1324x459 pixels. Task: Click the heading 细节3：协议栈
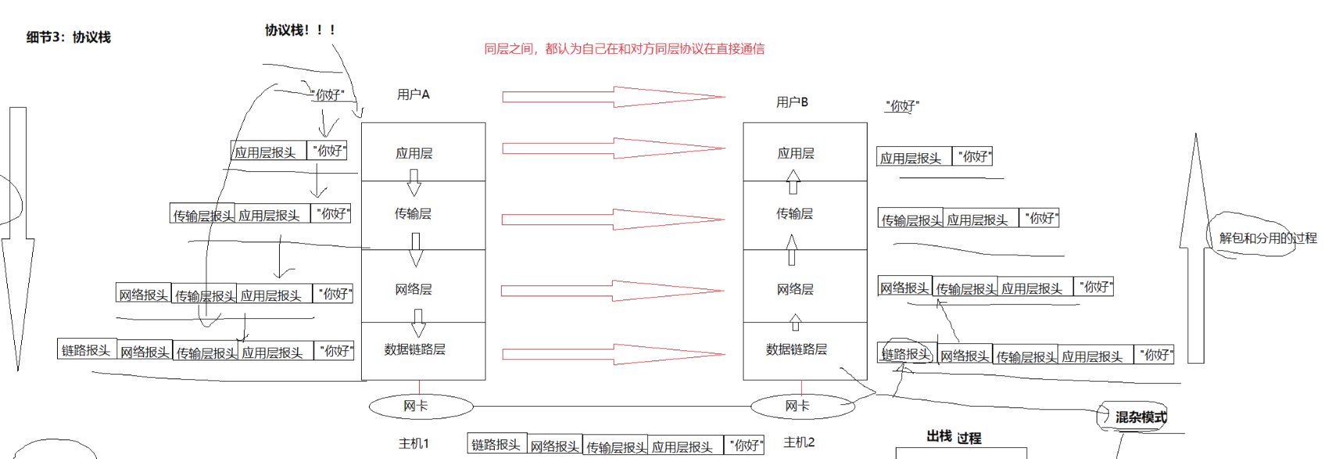tap(69, 38)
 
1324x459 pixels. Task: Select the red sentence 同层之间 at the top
tap(624, 49)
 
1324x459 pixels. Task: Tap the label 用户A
tap(413, 95)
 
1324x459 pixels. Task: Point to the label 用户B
tap(792, 102)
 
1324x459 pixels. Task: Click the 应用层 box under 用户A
tap(422, 152)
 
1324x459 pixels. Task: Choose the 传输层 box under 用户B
tap(804, 214)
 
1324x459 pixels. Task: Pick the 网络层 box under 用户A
tap(422, 288)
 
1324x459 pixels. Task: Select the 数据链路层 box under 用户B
tap(804, 350)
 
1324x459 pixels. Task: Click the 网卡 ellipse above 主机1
tap(420, 407)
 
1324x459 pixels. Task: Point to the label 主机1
tap(413, 443)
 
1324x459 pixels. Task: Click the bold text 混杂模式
tap(1140, 418)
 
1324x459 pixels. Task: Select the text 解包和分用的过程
tap(1267, 238)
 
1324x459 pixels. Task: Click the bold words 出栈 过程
tap(954, 437)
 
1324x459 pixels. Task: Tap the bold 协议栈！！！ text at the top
tap(300, 30)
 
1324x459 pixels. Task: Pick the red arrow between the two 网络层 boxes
tap(613, 291)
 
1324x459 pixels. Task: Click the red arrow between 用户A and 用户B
tap(613, 97)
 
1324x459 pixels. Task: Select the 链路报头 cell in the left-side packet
tap(87, 350)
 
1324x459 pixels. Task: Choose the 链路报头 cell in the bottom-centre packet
tap(496, 444)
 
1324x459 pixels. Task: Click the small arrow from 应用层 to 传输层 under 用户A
tap(414, 183)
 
